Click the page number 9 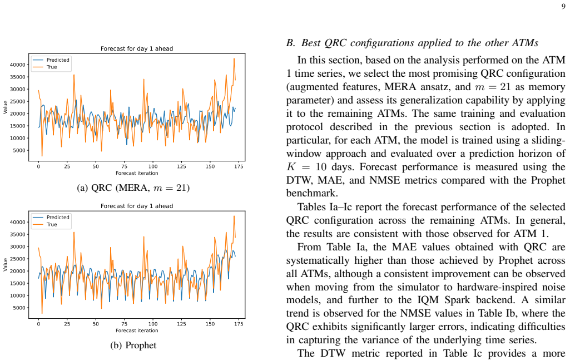(563, 6)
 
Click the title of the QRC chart (137, 48)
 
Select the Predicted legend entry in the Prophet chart (58, 217)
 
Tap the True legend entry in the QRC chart (52, 67)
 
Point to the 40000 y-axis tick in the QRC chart (18, 65)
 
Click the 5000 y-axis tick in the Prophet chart (19, 308)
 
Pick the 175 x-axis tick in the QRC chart (239, 166)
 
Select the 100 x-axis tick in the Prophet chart (153, 324)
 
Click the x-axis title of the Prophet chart (137, 331)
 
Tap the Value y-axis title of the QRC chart (5, 107)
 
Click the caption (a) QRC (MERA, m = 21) (133, 188)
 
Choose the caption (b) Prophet (133, 345)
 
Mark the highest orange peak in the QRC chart (234, 58)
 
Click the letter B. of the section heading (291, 43)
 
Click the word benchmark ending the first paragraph (311, 193)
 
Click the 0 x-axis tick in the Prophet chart (38, 324)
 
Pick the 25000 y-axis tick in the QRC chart (18, 101)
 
